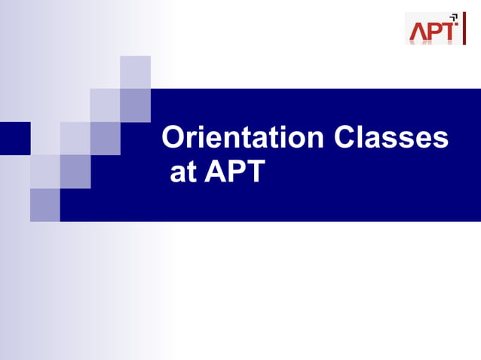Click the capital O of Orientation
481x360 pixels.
click(x=175, y=139)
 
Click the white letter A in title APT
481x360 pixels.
click(x=214, y=172)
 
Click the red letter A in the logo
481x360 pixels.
click(x=419, y=32)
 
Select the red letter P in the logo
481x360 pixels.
click(x=437, y=32)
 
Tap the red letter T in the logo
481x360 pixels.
click(x=450, y=32)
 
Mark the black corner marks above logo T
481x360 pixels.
click(x=454, y=17)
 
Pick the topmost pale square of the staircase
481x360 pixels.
click(x=136, y=72)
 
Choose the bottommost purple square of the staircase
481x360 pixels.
click(x=45, y=205)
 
